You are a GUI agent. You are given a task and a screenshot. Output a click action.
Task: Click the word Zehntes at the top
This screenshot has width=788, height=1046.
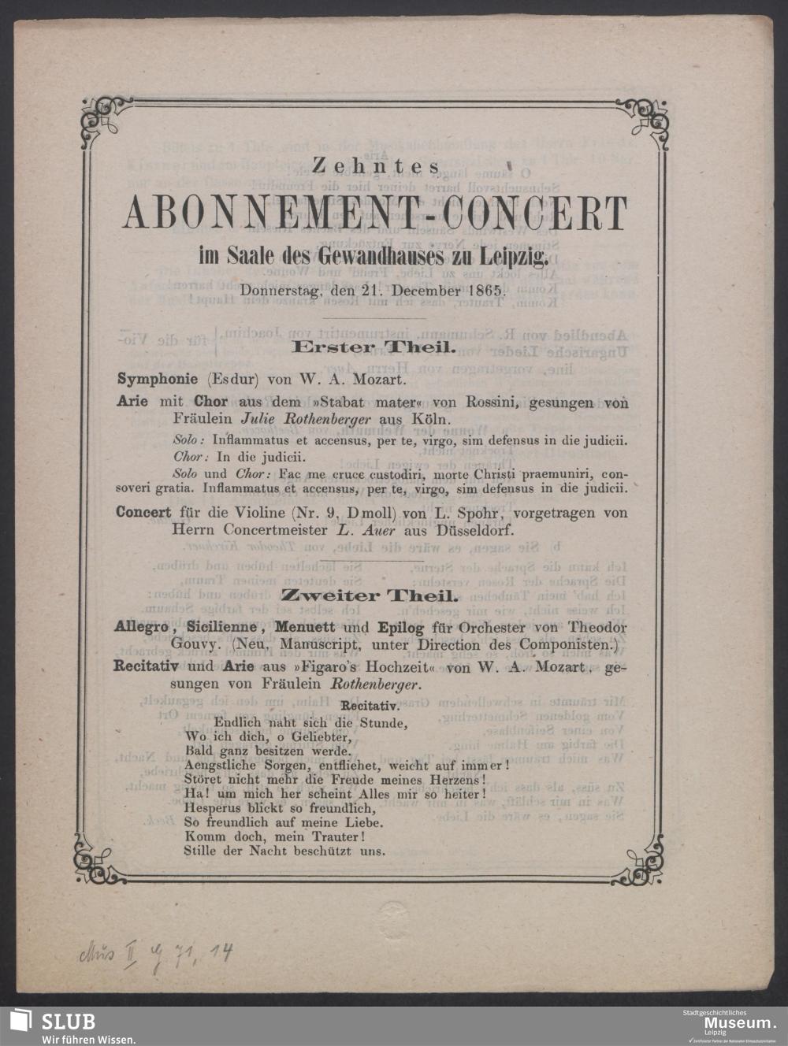pyautogui.click(x=374, y=166)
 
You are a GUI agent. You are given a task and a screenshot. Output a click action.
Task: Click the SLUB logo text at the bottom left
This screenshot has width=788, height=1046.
pyautogui.click(x=68, y=1022)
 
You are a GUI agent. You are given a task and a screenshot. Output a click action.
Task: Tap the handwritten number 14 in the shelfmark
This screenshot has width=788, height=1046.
pyautogui.click(x=221, y=955)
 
